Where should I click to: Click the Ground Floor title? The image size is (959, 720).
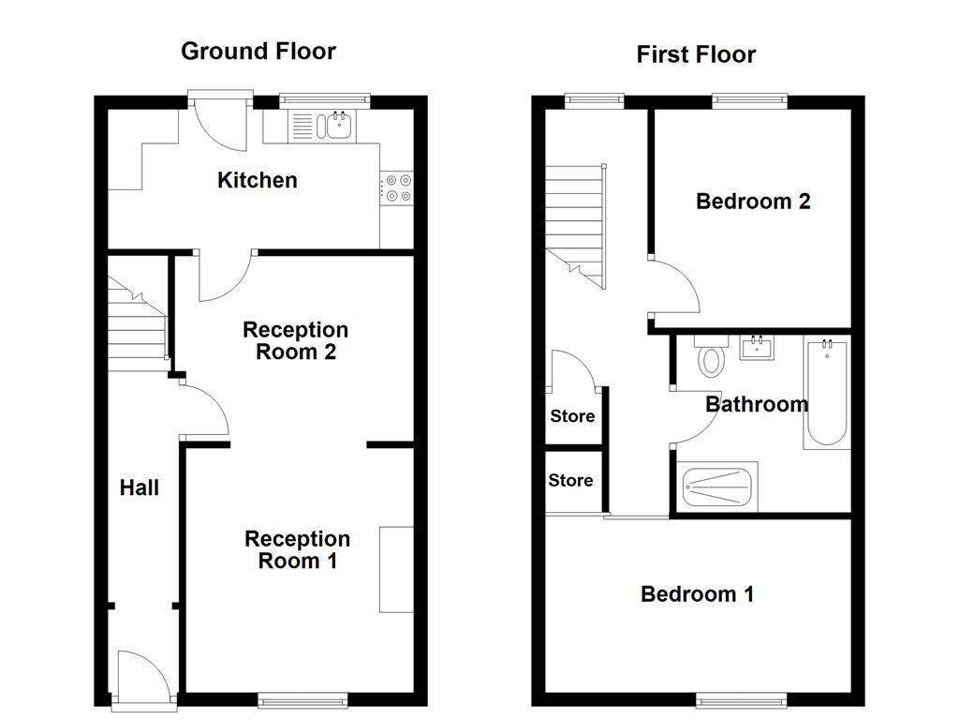coord(258,51)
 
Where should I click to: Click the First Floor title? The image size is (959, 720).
coord(696,54)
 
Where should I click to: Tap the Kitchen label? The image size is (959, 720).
coord(258,180)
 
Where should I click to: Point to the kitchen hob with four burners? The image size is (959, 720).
coord(397,188)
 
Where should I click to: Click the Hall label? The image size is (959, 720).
coord(140,487)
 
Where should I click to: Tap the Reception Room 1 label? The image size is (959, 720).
coord(297,549)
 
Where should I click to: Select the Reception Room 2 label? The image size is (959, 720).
coord(295,341)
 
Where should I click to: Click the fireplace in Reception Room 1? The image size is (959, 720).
coord(396,569)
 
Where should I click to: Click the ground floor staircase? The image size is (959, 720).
coord(137,323)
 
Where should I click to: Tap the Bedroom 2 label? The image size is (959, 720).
coord(753,201)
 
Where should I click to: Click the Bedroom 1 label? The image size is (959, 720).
coord(697,593)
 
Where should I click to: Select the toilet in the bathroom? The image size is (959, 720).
coord(712,357)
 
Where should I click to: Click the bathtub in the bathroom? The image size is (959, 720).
coord(827,395)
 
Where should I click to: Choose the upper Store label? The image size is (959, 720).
coord(571,416)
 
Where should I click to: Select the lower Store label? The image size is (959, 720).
coord(570,480)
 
